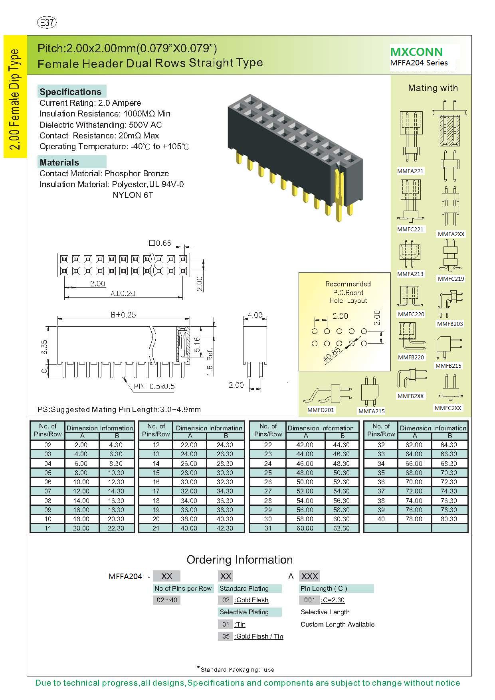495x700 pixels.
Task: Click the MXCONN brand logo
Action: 416,52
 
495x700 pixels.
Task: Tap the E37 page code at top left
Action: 47,23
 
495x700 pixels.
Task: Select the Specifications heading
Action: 70,92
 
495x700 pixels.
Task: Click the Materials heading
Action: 59,162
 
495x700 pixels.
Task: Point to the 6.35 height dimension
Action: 44,347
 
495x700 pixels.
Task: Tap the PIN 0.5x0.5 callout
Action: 154,386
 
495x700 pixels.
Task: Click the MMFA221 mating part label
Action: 410,171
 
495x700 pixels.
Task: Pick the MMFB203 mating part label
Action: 450,324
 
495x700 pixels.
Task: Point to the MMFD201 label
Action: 321,410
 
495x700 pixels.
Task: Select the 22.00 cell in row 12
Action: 189,445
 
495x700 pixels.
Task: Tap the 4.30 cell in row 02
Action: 116,445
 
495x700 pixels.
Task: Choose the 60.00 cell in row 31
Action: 305,528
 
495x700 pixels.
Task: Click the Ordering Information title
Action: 240,560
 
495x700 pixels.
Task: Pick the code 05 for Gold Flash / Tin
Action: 226,636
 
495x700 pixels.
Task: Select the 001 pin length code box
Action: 309,600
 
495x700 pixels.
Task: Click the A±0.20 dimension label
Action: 123,294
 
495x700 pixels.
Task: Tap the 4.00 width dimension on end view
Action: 255,315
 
